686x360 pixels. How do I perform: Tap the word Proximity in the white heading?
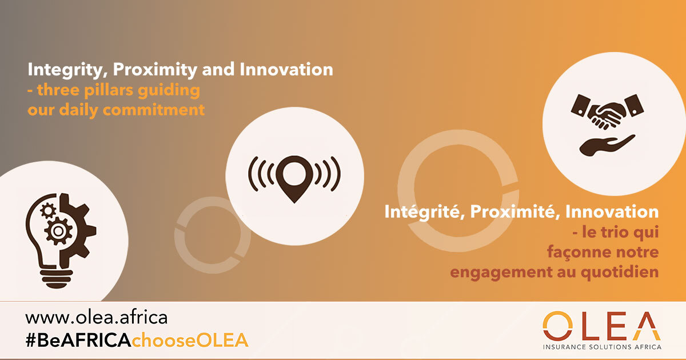155,70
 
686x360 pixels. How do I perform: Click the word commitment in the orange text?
153,110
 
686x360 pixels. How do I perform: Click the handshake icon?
607,111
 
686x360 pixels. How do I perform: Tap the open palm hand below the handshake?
607,145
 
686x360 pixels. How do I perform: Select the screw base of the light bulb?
56,279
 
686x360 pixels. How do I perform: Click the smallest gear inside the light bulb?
48,211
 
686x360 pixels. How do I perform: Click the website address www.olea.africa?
97,318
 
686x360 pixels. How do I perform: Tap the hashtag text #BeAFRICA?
79,340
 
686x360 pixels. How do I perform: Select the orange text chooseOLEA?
190,340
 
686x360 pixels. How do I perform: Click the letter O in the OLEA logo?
557,326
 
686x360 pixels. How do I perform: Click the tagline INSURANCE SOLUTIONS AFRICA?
602,347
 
